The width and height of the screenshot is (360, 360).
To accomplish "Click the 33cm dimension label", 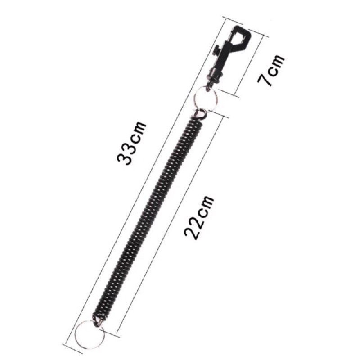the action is point(131,143).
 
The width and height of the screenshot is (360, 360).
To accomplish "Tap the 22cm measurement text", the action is point(199,218).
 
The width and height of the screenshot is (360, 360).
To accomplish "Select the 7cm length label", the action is point(271,71).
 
